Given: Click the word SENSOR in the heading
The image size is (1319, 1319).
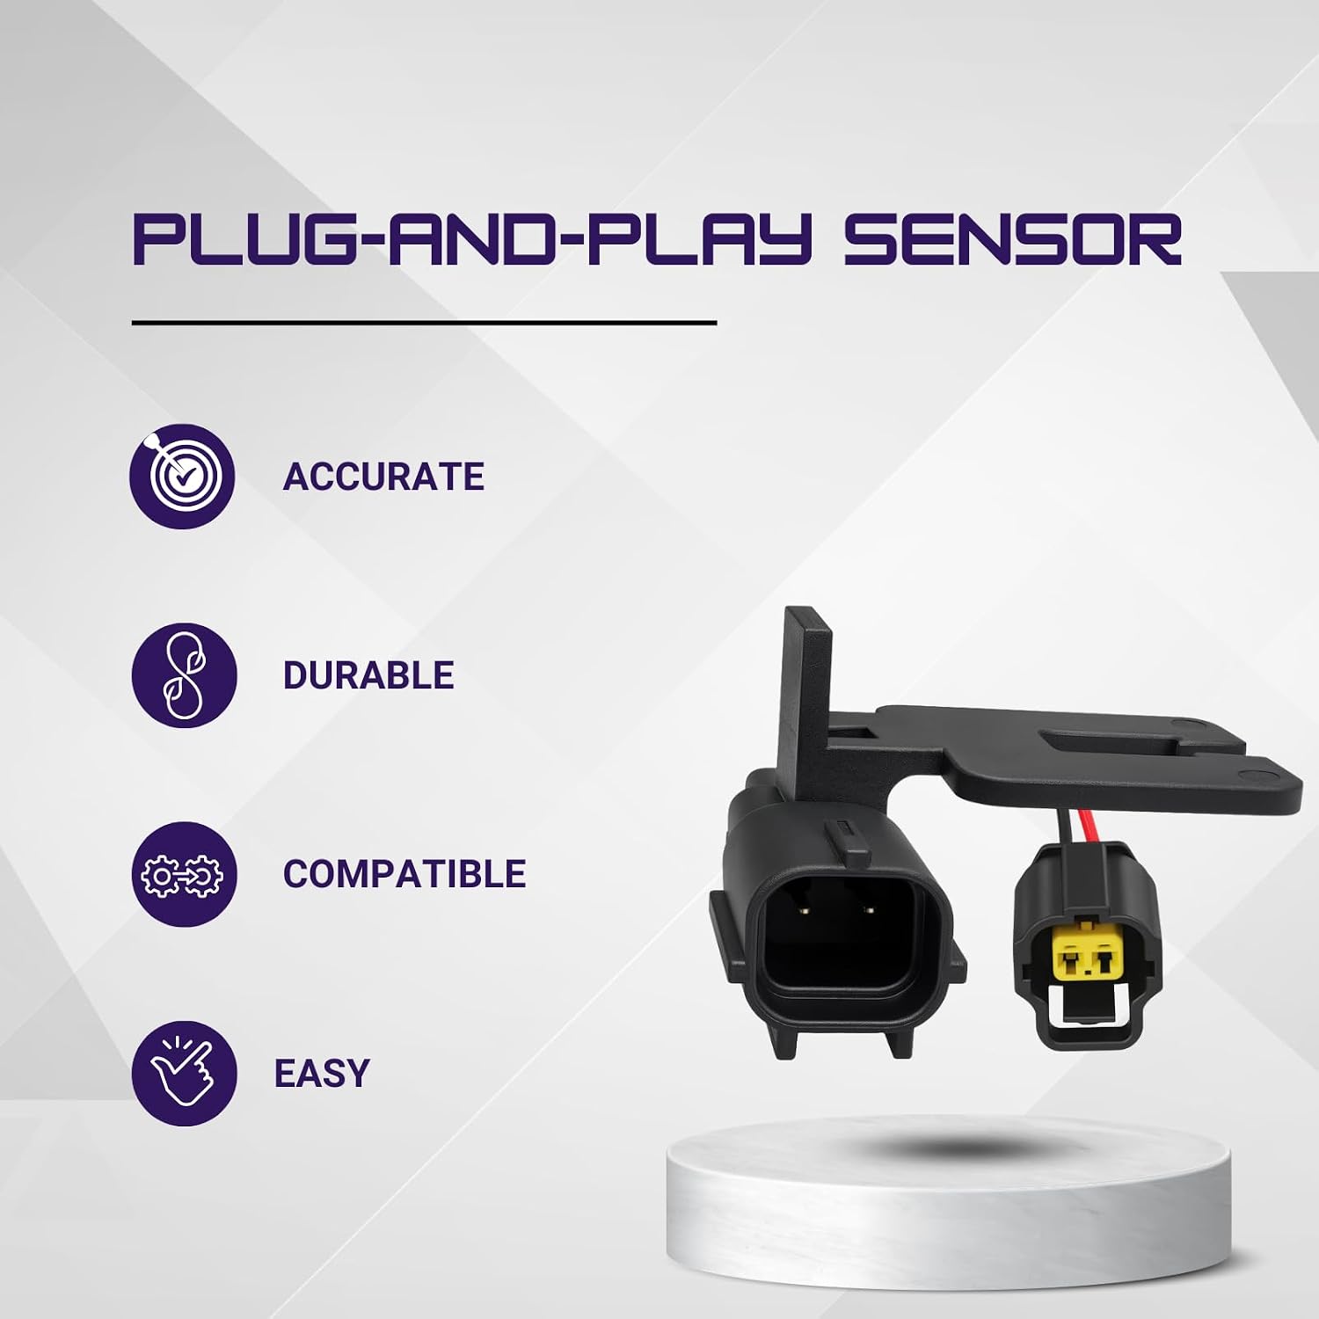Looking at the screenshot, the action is click(1012, 238).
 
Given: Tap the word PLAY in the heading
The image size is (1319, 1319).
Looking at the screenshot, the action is click(681, 238).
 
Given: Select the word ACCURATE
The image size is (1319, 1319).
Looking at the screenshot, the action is click(383, 477).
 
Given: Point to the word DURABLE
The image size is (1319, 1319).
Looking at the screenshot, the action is click(368, 675).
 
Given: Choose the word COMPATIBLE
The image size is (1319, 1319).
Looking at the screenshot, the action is click(404, 874).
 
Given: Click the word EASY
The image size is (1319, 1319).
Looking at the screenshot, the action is click(322, 1073).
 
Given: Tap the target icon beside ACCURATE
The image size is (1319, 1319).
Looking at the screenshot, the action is click(183, 476).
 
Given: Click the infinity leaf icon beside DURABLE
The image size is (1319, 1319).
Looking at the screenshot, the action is click(184, 675).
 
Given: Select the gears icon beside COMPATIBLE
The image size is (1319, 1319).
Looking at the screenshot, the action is click(184, 874).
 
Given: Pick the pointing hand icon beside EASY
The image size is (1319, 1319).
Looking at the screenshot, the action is click(184, 1073).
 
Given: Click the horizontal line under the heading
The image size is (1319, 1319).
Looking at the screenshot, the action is click(425, 323).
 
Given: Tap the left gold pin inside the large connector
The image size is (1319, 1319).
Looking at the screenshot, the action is click(805, 911).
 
